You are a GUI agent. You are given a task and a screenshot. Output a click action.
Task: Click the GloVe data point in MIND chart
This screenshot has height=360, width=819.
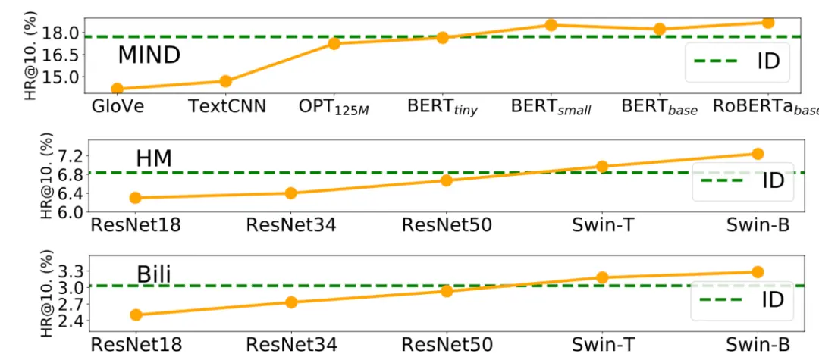coord(118,89)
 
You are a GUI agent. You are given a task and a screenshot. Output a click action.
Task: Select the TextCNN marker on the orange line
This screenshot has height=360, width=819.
coord(226,81)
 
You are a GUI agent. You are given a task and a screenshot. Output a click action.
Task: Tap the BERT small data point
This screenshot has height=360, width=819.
coord(551,24)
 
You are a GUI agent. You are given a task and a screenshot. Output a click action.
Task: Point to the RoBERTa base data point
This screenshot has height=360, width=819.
coord(767,22)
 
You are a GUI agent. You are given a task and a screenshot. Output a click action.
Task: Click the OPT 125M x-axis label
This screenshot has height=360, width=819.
coord(334,108)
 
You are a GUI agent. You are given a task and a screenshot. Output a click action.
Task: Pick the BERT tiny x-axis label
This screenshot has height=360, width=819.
coord(442,108)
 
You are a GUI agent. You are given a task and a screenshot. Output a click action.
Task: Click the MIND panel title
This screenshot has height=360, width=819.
coord(149,55)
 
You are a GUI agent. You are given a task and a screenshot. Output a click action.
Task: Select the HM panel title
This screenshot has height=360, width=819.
coord(154,158)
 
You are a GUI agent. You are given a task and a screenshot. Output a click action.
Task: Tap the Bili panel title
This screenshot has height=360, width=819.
coord(154,275)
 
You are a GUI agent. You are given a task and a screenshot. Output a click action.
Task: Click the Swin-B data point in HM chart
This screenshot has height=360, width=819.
coord(758,153)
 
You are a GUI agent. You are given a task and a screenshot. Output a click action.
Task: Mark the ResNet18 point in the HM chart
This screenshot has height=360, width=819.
coord(136,197)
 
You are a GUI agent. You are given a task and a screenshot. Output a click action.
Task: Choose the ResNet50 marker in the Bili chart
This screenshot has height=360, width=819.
coord(447,290)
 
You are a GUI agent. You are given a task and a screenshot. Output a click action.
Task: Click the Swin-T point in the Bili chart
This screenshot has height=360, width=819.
coord(602,277)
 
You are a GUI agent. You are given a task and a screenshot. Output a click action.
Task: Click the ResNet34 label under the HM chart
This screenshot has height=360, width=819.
coord(291,225)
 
